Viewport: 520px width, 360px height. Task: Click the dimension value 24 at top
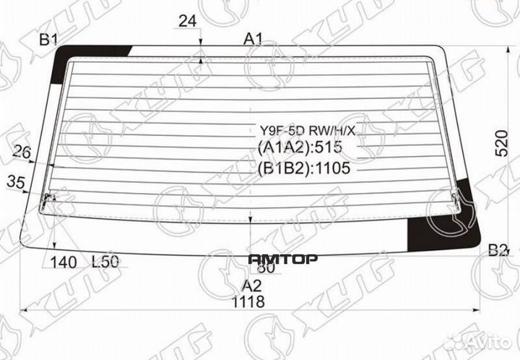click(188, 22)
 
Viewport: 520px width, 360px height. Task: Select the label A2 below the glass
click(251, 284)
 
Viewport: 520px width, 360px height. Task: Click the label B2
click(498, 251)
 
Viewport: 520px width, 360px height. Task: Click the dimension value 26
click(23, 152)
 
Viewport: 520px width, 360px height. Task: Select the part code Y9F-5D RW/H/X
click(303, 132)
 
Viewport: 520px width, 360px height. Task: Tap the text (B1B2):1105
click(303, 169)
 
